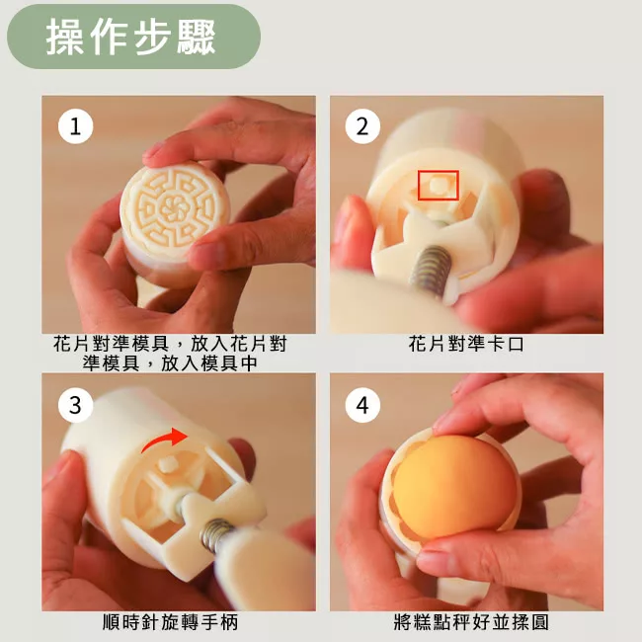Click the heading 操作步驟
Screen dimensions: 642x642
pyautogui.click(x=131, y=37)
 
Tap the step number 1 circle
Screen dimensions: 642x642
pyautogui.click(x=76, y=126)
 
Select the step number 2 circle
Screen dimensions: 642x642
pyautogui.click(x=362, y=126)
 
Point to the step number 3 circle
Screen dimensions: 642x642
pyautogui.click(x=76, y=405)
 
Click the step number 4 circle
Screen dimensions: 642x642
pyautogui.click(x=362, y=405)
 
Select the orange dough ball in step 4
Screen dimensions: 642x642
pyautogui.click(x=454, y=487)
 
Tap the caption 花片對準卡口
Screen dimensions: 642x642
pyautogui.click(x=466, y=344)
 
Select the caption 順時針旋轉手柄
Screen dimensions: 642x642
pyautogui.click(x=170, y=622)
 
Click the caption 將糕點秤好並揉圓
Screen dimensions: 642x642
pyautogui.click(x=471, y=622)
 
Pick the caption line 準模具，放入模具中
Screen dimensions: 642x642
pyautogui.click(x=170, y=362)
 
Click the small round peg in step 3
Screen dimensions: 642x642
pyautogui.click(x=168, y=465)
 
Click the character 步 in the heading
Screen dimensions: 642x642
pyautogui.click(x=152, y=37)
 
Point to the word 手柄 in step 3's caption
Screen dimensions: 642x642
pyautogui.click(x=220, y=622)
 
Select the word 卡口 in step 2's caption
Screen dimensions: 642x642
pyautogui.click(x=506, y=344)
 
